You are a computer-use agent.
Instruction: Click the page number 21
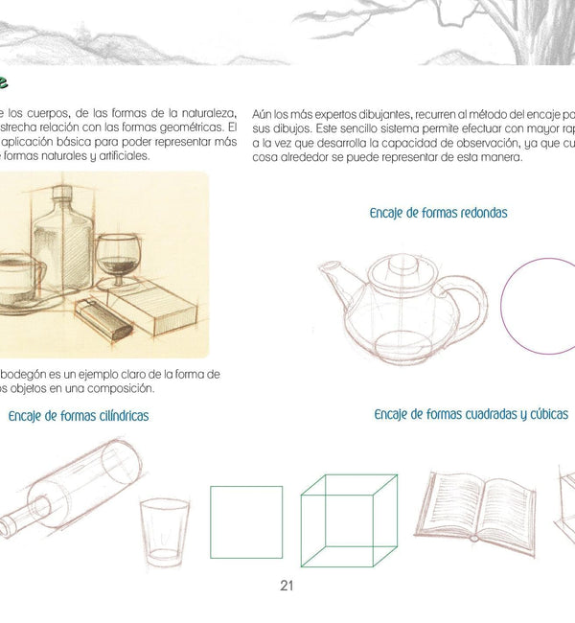click(x=286, y=586)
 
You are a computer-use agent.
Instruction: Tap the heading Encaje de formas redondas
click(x=438, y=213)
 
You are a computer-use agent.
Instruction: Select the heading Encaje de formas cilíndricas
click(x=79, y=416)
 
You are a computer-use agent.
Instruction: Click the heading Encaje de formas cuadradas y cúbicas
click(x=471, y=414)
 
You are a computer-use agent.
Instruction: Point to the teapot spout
click(x=333, y=281)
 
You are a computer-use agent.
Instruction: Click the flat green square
click(x=246, y=520)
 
